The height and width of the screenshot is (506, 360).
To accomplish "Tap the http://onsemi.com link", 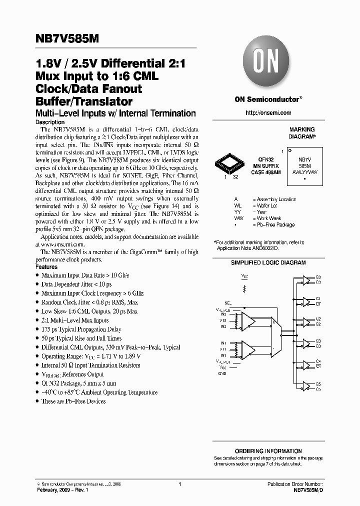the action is tap(268, 113).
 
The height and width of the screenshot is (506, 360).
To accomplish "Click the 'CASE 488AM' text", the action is tap(266, 171).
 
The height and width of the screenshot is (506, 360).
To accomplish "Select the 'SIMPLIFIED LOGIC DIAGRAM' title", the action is tap(268, 262).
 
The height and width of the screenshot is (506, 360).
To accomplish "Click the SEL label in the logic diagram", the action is tap(228, 303).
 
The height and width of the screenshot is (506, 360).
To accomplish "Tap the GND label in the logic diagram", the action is tap(222, 373).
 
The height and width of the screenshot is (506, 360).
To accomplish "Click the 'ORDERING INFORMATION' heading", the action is tap(268, 451).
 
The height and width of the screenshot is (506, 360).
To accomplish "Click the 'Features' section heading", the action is tap(47, 267).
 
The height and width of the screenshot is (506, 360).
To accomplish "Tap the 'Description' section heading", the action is tap(50, 122).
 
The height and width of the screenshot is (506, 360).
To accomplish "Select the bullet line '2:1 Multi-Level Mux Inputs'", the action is tap(75, 320).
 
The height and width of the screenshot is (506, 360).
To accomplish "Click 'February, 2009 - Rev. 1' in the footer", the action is tap(63, 491).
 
